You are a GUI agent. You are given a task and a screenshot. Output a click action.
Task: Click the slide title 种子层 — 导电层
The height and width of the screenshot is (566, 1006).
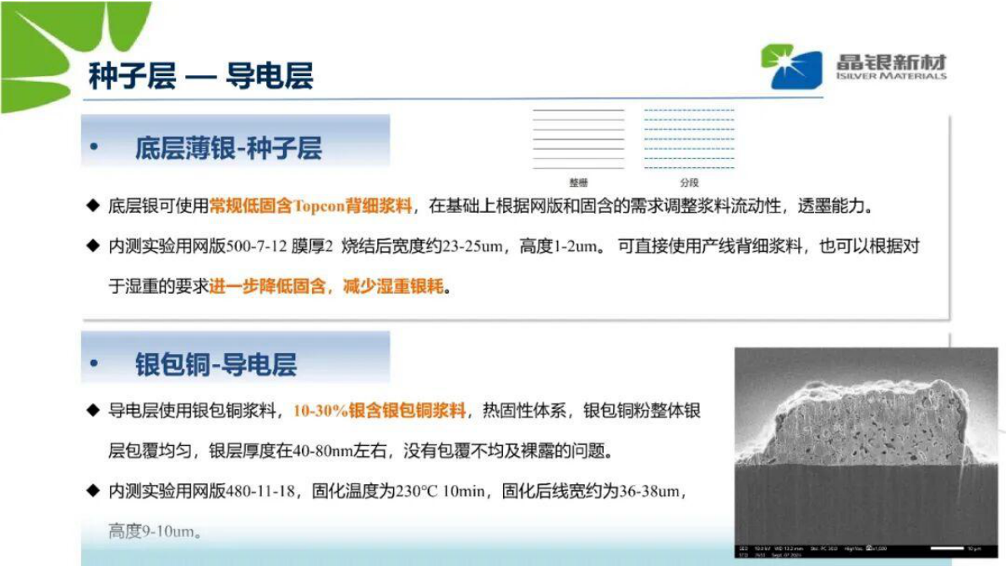coord(200,76)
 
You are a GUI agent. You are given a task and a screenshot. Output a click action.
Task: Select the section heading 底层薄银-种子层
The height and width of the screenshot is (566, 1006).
coord(228,150)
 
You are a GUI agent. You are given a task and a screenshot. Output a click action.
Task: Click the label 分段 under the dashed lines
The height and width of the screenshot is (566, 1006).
coord(689,182)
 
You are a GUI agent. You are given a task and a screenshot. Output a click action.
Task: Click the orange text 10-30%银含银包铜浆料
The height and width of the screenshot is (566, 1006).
coord(380,411)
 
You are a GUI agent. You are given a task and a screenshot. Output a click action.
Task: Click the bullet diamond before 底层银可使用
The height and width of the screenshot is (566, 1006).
coord(92,206)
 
